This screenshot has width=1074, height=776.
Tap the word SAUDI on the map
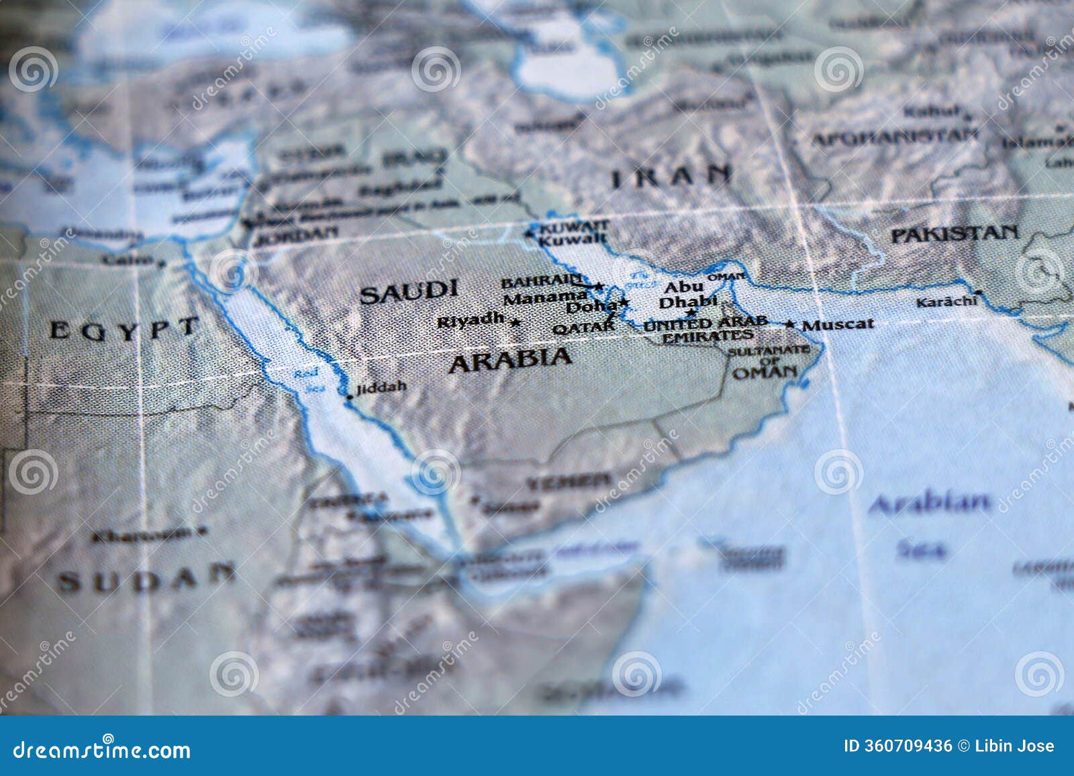coord(418,292)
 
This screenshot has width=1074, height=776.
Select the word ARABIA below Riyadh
coord(510,360)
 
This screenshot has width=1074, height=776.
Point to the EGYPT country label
coord(124,329)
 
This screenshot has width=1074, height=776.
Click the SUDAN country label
coord(146,579)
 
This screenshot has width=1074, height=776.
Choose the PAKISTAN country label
coord(954,234)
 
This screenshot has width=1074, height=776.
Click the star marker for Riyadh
coord(516,323)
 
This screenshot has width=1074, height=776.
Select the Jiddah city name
coord(381,387)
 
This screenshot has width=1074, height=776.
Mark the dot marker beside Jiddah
coord(349,397)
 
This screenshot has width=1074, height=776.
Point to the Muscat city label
coord(838,324)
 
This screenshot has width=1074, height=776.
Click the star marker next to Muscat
coord(791,325)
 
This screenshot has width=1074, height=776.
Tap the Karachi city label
coord(946,301)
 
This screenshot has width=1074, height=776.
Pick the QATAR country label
coord(583,328)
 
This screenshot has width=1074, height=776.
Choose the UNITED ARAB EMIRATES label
coord(705,330)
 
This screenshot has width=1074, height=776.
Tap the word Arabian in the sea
coord(929,503)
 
